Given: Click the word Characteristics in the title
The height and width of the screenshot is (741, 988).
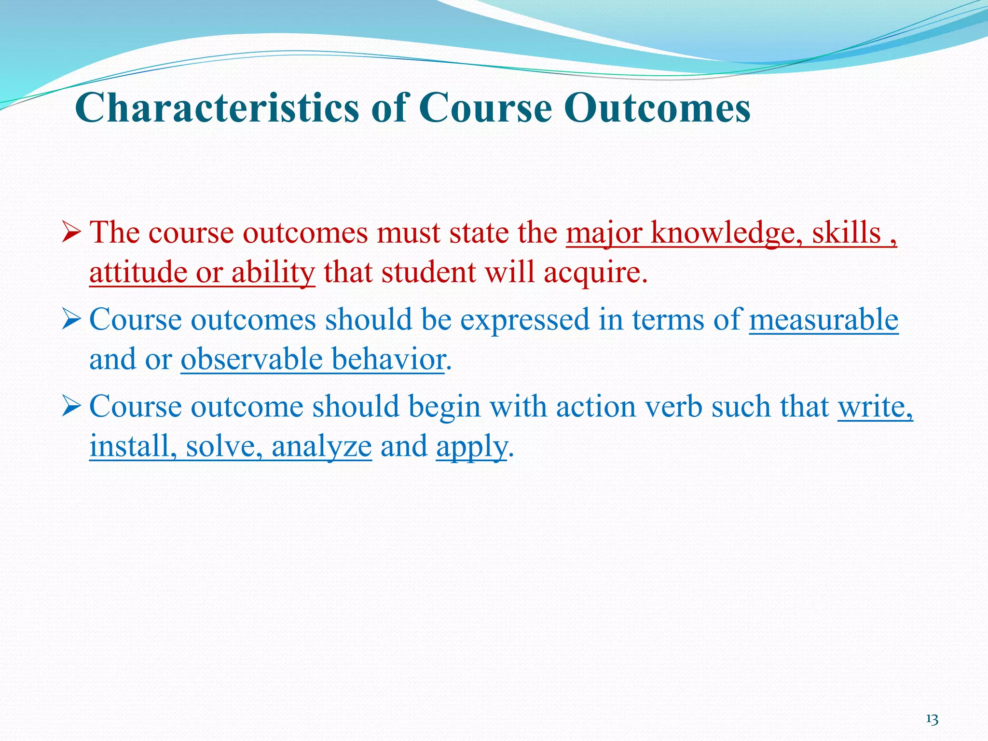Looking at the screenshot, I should click(x=218, y=108).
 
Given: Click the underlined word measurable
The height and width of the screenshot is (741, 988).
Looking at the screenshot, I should click(x=823, y=320).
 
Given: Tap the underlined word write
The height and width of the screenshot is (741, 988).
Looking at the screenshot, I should click(x=874, y=407).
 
